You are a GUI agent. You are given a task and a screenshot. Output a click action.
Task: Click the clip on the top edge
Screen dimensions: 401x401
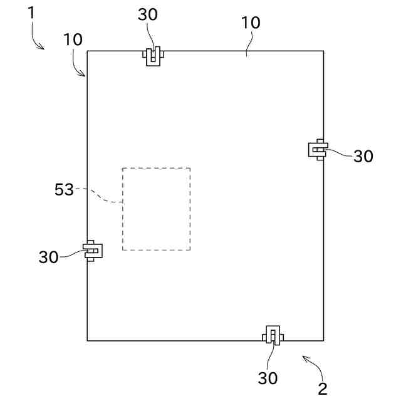pos(154,55)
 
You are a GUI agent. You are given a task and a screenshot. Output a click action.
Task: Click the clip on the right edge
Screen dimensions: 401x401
pos(318,149)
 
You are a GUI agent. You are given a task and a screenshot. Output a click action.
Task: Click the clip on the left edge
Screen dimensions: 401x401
pos(93,251)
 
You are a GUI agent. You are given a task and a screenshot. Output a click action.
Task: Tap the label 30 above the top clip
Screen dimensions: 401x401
pos(148,15)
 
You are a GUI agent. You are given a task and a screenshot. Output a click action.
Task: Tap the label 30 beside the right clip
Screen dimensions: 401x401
pos(363,157)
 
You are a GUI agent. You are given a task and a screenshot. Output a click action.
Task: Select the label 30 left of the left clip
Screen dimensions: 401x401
pos(49,257)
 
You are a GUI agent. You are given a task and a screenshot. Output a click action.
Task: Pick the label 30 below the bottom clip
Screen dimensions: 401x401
pos(268,378)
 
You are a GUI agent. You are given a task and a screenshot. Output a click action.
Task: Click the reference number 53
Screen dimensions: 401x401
pos(64,190)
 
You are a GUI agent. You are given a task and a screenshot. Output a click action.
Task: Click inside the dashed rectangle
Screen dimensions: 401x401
pos(156,209)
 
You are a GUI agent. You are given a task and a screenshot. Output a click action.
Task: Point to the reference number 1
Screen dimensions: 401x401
pos(31,13)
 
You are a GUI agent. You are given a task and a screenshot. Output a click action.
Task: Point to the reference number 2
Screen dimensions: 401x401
pos(323,389)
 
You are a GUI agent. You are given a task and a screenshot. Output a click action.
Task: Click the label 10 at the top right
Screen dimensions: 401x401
pos(251,23)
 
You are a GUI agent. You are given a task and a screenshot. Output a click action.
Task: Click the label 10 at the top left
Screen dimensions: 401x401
pos(73,39)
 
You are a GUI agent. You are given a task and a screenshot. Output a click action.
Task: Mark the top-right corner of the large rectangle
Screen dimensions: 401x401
pos(323,51)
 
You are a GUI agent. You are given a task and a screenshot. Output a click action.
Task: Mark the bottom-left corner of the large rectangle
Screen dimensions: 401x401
pos(87,341)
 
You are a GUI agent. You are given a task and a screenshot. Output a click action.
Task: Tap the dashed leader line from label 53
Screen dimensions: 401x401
pos(100,195)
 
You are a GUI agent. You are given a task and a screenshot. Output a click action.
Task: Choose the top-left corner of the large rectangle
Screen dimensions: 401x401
pos(87,51)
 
